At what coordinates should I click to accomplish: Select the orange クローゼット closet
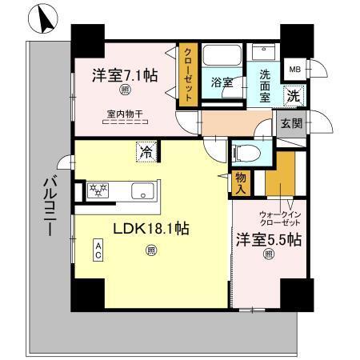[187, 74]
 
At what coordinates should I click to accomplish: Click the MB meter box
[295, 70]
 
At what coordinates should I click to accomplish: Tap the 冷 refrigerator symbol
[147, 149]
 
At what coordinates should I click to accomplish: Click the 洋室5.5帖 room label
[268, 238]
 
